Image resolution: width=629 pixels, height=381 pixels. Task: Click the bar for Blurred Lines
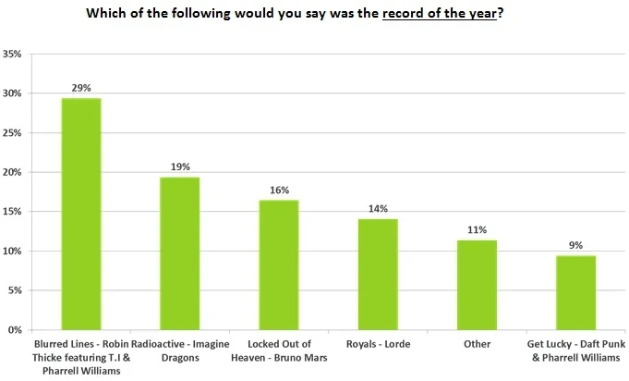(x=81, y=214)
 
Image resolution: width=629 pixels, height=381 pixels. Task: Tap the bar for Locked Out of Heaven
(x=279, y=264)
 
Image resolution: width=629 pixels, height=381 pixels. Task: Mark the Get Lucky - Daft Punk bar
(x=575, y=292)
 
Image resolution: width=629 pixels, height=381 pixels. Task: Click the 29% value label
(x=81, y=87)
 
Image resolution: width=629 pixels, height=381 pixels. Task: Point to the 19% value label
(x=180, y=166)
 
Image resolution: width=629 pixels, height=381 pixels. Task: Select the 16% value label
(x=279, y=190)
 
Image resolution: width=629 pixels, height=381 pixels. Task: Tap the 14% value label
(x=378, y=209)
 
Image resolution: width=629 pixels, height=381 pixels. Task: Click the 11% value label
(x=477, y=230)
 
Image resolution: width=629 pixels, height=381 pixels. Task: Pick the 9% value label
(x=575, y=245)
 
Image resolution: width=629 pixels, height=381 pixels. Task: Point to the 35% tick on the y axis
(x=14, y=54)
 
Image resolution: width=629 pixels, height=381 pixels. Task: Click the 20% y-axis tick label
(x=14, y=172)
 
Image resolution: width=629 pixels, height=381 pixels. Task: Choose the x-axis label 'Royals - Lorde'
(x=378, y=344)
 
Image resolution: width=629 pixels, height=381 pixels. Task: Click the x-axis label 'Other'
(x=477, y=344)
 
